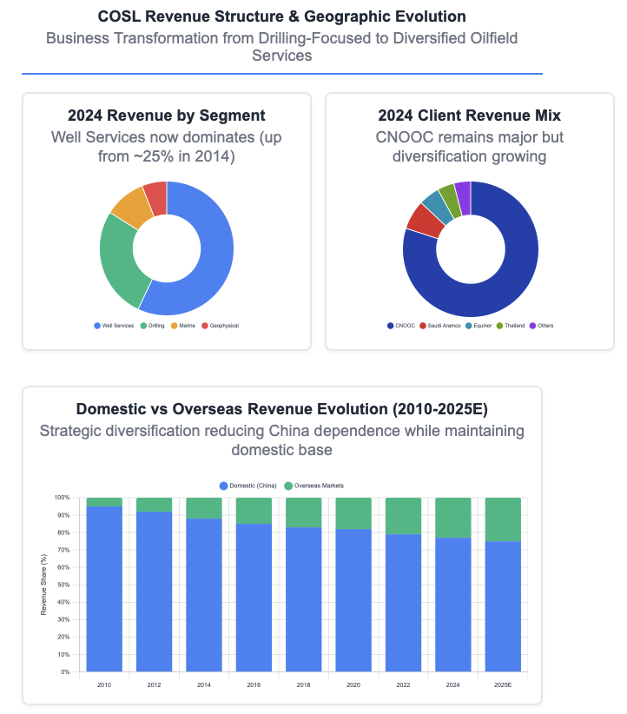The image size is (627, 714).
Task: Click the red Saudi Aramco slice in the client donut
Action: point(424,219)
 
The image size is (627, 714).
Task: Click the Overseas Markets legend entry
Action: point(317,486)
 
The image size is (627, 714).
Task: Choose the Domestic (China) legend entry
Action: point(251,486)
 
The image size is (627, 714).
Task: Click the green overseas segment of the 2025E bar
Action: point(503,519)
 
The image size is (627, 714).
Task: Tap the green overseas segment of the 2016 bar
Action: point(254,511)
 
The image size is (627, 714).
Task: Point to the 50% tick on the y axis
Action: point(63,585)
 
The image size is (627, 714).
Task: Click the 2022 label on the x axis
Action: point(404,684)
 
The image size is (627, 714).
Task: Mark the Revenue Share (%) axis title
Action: point(43,585)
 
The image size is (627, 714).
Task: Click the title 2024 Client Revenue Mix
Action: point(470,116)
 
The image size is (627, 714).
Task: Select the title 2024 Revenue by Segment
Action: point(167,116)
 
